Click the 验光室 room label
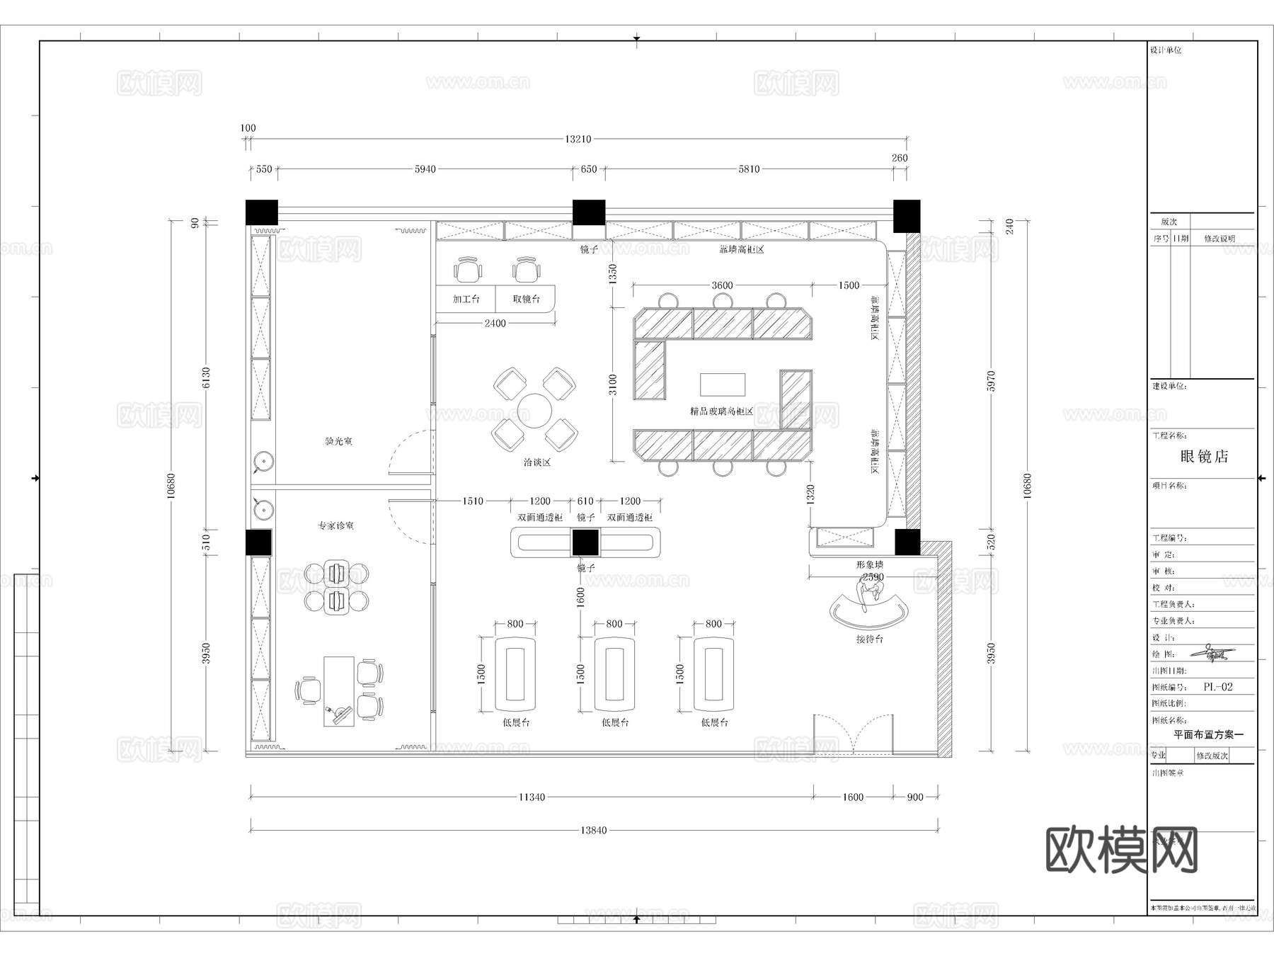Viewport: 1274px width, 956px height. (x=338, y=441)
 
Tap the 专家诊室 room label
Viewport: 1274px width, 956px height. (x=335, y=525)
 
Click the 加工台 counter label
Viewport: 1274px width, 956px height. (x=466, y=299)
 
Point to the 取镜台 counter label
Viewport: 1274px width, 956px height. (x=526, y=299)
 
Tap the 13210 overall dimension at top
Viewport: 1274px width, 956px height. (x=578, y=140)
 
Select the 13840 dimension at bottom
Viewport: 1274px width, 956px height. (x=593, y=830)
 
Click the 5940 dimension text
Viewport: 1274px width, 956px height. (x=425, y=169)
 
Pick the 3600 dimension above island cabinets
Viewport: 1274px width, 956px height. (x=722, y=285)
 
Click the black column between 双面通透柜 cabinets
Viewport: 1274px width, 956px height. (x=585, y=542)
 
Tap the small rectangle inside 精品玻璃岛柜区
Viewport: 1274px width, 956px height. (x=723, y=385)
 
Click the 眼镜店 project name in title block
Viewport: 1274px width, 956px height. (x=1204, y=457)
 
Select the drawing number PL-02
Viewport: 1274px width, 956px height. (x=1218, y=687)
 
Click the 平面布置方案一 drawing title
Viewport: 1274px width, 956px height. (x=1208, y=735)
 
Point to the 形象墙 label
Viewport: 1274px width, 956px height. (x=869, y=564)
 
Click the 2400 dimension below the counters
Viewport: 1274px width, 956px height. (x=495, y=323)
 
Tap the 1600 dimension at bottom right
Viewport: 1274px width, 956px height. (x=852, y=797)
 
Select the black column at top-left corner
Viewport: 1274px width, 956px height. (x=262, y=212)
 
